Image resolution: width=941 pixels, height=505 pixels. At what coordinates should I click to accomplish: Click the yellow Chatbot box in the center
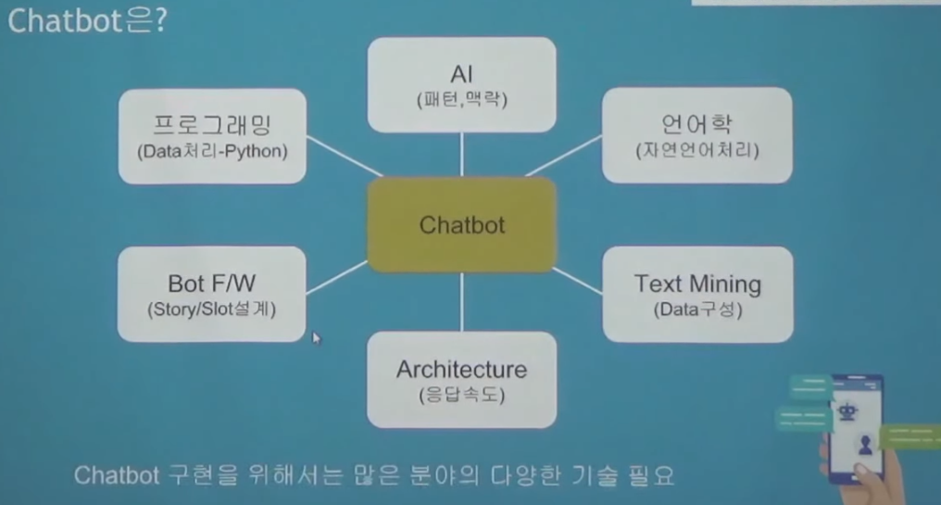tap(461, 225)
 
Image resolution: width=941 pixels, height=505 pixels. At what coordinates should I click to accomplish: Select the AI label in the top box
tap(460, 74)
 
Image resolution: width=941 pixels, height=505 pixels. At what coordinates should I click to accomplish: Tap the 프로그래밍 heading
tap(212, 124)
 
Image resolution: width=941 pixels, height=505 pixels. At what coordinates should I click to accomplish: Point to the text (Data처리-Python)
tap(212, 150)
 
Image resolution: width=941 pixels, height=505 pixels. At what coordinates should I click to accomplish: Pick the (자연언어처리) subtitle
tap(696, 150)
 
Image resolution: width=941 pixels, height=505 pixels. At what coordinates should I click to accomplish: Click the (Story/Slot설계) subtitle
tap(211, 309)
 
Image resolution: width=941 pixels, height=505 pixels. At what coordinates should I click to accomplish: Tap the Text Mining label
tap(697, 283)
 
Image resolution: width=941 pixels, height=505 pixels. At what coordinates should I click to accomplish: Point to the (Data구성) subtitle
tap(697, 309)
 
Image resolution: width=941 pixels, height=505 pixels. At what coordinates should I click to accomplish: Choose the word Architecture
tap(461, 369)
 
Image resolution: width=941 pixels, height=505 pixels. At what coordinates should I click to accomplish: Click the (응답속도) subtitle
tap(461, 396)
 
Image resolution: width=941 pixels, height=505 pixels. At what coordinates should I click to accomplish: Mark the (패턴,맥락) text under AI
tap(460, 99)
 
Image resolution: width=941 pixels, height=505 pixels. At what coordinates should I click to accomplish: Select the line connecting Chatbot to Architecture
tap(461, 302)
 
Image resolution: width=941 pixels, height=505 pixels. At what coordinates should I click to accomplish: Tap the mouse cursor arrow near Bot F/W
tap(316, 337)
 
